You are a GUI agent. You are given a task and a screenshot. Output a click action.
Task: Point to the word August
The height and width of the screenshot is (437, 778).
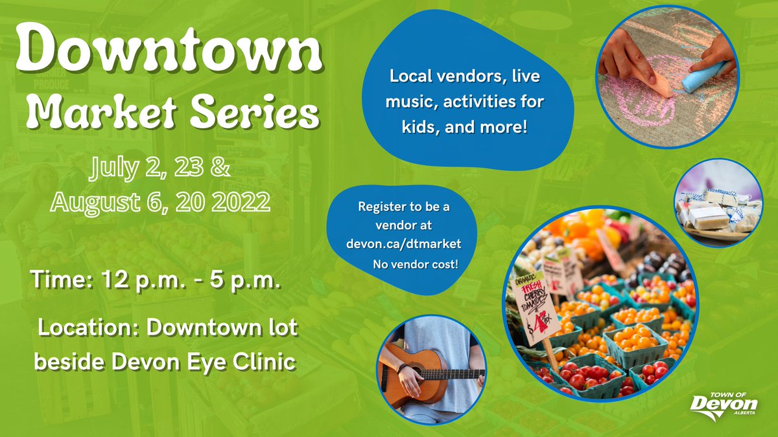click(x=97, y=203)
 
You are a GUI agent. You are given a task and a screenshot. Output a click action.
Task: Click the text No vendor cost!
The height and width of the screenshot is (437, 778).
click(x=415, y=265)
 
